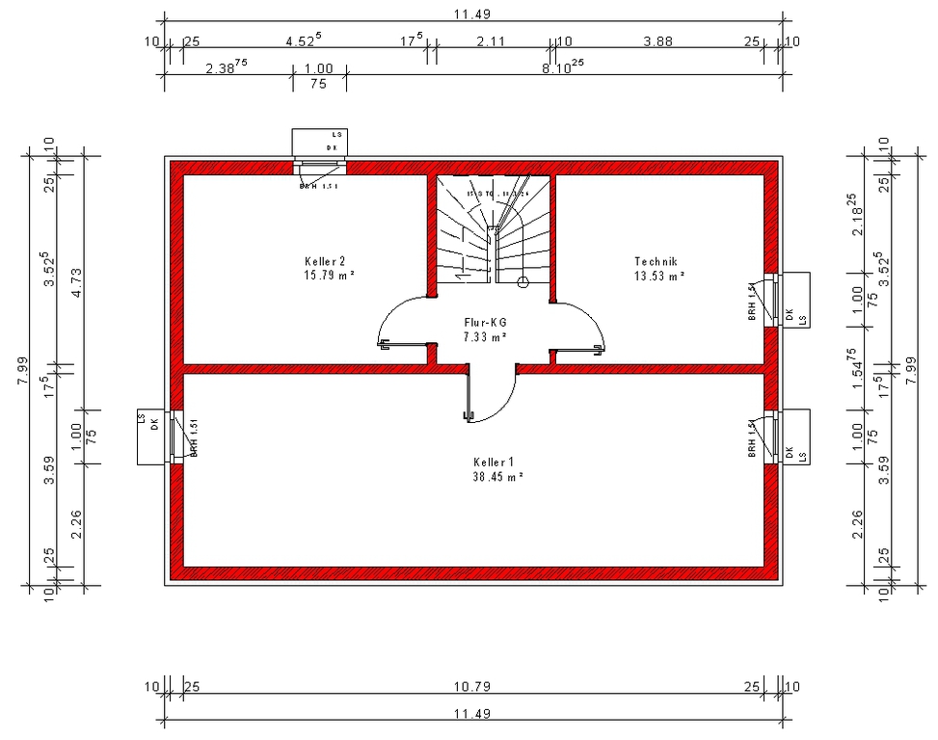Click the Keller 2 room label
(x=325, y=261)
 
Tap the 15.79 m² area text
(x=328, y=276)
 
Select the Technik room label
(x=657, y=261)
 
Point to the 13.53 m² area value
(x=659, y=276)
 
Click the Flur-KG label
(x=485, y=323)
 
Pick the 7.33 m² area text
(x=485, y=336)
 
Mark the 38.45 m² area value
(x=497, y=477)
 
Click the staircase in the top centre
(x=492, y=229)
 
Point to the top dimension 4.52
(x=305, y=41)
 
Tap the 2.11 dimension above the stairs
(x=491, y=41)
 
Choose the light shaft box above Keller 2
(x=320, y=142)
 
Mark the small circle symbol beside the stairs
(x=523, y=282)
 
